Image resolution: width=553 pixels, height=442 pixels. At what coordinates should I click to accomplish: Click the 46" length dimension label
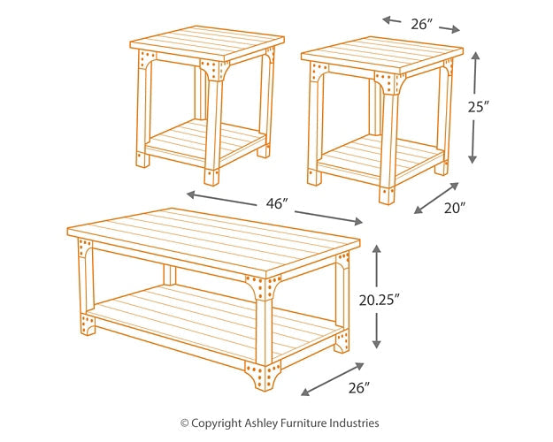pos(277,204)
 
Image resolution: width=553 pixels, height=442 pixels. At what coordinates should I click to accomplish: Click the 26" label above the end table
pos(421,24)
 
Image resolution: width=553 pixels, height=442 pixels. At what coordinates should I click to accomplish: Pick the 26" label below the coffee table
pos(357,387)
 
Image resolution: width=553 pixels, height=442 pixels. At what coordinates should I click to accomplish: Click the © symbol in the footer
pos(185,423)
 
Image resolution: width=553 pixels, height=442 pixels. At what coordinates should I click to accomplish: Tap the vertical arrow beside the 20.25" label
pos(377,296)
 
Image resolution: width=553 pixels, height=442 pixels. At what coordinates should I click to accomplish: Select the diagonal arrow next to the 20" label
pos(437,198)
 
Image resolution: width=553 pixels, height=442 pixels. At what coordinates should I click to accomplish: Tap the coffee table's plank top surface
pos(212,239)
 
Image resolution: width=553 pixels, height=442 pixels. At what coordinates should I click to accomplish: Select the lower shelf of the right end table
pos(389,156)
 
